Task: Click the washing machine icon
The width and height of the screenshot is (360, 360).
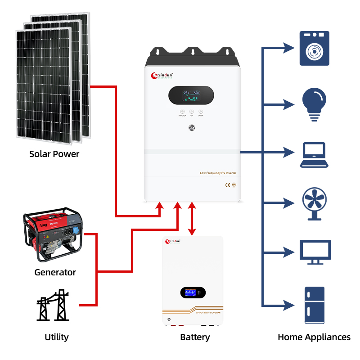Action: [315, 49]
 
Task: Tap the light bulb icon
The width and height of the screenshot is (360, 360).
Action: [315, 104]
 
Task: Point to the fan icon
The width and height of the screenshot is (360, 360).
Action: [315, 204]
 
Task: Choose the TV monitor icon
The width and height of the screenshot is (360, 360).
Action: [315, 252]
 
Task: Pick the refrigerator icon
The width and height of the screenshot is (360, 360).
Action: [315, 305]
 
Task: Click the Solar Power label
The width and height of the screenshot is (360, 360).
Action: [54, 154]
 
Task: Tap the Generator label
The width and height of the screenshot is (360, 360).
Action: [55, 272]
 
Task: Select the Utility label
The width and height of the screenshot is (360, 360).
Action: [57, 337]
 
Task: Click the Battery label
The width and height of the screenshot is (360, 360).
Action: [195, 337]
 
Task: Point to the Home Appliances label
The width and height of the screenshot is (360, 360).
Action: [314, 337]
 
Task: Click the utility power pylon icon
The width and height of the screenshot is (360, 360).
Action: [53, 306]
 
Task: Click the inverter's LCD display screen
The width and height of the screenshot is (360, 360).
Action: [191, 95]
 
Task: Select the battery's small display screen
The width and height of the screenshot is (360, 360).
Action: [193, 292]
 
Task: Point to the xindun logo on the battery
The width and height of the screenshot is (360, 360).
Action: [176, 242]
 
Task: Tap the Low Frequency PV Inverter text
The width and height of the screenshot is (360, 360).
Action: [218, 173]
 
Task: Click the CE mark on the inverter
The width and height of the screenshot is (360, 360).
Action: [228, 184]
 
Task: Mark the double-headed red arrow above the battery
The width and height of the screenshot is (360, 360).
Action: [192, 219]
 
